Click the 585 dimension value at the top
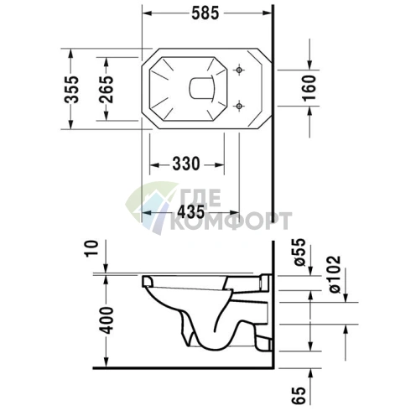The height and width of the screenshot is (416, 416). [205, 13]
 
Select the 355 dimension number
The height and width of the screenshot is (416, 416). [72, 89]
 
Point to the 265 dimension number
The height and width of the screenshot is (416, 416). [107, 89]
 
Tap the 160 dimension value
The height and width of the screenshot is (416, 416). [309, 87]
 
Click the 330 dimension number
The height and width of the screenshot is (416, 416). [186, 164]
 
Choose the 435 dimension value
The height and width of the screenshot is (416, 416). [191, 211]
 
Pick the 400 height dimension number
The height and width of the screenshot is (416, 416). [107, 320]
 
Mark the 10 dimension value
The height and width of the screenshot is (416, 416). [92, 248]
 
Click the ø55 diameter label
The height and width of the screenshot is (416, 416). [299, 252]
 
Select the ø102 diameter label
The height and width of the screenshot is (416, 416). [335, 274]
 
